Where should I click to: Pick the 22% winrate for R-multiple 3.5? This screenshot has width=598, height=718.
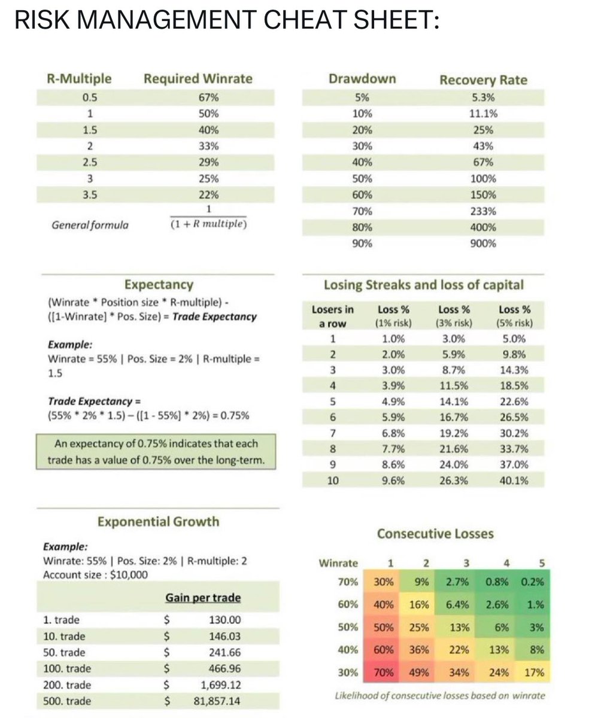click(x=208, y=194)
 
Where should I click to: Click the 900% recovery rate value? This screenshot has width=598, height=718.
click(x=483, y=244)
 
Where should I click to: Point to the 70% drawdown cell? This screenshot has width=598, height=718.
click(x=362, y=211)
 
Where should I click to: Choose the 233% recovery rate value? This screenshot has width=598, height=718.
click(x=483, y=211)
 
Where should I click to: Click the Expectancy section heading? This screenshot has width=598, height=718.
click(x=158, y=284)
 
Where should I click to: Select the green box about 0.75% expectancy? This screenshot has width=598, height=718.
click(x=156, y=452)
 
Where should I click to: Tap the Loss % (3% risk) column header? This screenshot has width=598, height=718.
click(x=454, y=316)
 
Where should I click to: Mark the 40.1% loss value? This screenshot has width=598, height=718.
click(x=514, y=479)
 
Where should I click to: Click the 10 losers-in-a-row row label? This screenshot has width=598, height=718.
click(x=332, y=479)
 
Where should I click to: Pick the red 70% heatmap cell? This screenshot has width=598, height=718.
click(x=383, y=672)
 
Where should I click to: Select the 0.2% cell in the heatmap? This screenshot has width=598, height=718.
click(x=532, y=582)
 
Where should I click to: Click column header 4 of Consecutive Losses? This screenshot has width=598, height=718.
click(x=506, y=562)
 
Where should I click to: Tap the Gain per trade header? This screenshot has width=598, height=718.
click(x=203, y=598)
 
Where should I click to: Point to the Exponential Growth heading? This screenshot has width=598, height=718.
click(x=158, y=521)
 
